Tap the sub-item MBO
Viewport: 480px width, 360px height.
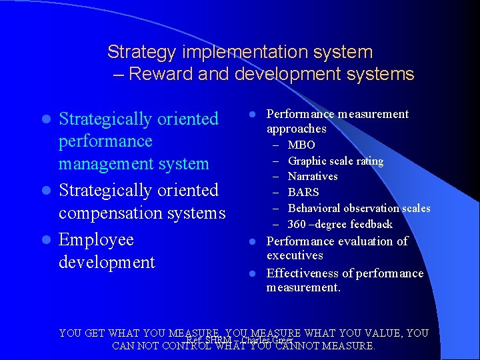pos(301,145)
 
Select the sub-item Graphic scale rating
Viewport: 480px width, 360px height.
pos(335,161)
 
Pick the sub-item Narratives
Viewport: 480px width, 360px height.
pos(312,176)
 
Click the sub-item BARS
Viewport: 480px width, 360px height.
pos(303,192)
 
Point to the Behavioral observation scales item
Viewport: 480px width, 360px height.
pos(359,208)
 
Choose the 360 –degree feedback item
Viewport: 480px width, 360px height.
pos(340,224)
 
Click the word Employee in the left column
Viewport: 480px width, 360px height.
pos(96,240)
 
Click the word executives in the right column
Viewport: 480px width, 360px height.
pos(295,255)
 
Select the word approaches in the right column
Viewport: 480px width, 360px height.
pos(296,129)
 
